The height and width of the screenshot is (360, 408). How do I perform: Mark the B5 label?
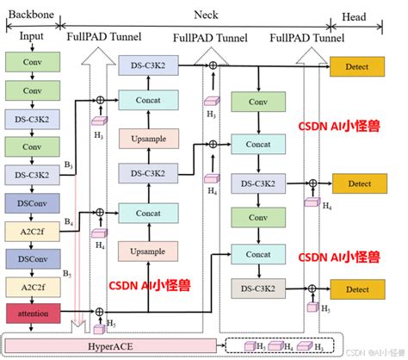68,275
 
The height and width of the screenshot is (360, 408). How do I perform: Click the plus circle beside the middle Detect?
314,183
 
